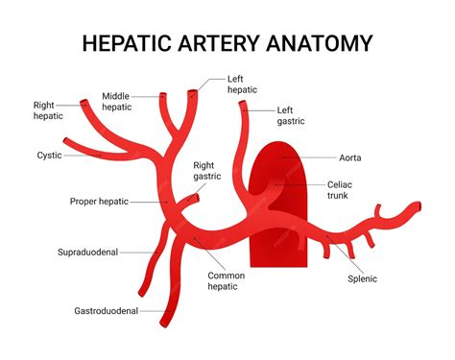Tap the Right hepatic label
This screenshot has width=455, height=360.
(48, 110)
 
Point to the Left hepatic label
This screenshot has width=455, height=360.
(242, 84)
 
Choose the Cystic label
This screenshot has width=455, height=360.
(49, 155)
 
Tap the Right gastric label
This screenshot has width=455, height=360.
(206, 170)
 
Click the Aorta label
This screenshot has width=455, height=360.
(350, 157)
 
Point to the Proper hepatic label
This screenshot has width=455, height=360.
(99, 202)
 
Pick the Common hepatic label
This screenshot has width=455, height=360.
(227, 280)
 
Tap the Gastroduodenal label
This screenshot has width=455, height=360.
(106, 311)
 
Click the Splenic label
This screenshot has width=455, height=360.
(362, 278)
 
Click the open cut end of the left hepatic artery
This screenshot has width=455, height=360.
(193, 93)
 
